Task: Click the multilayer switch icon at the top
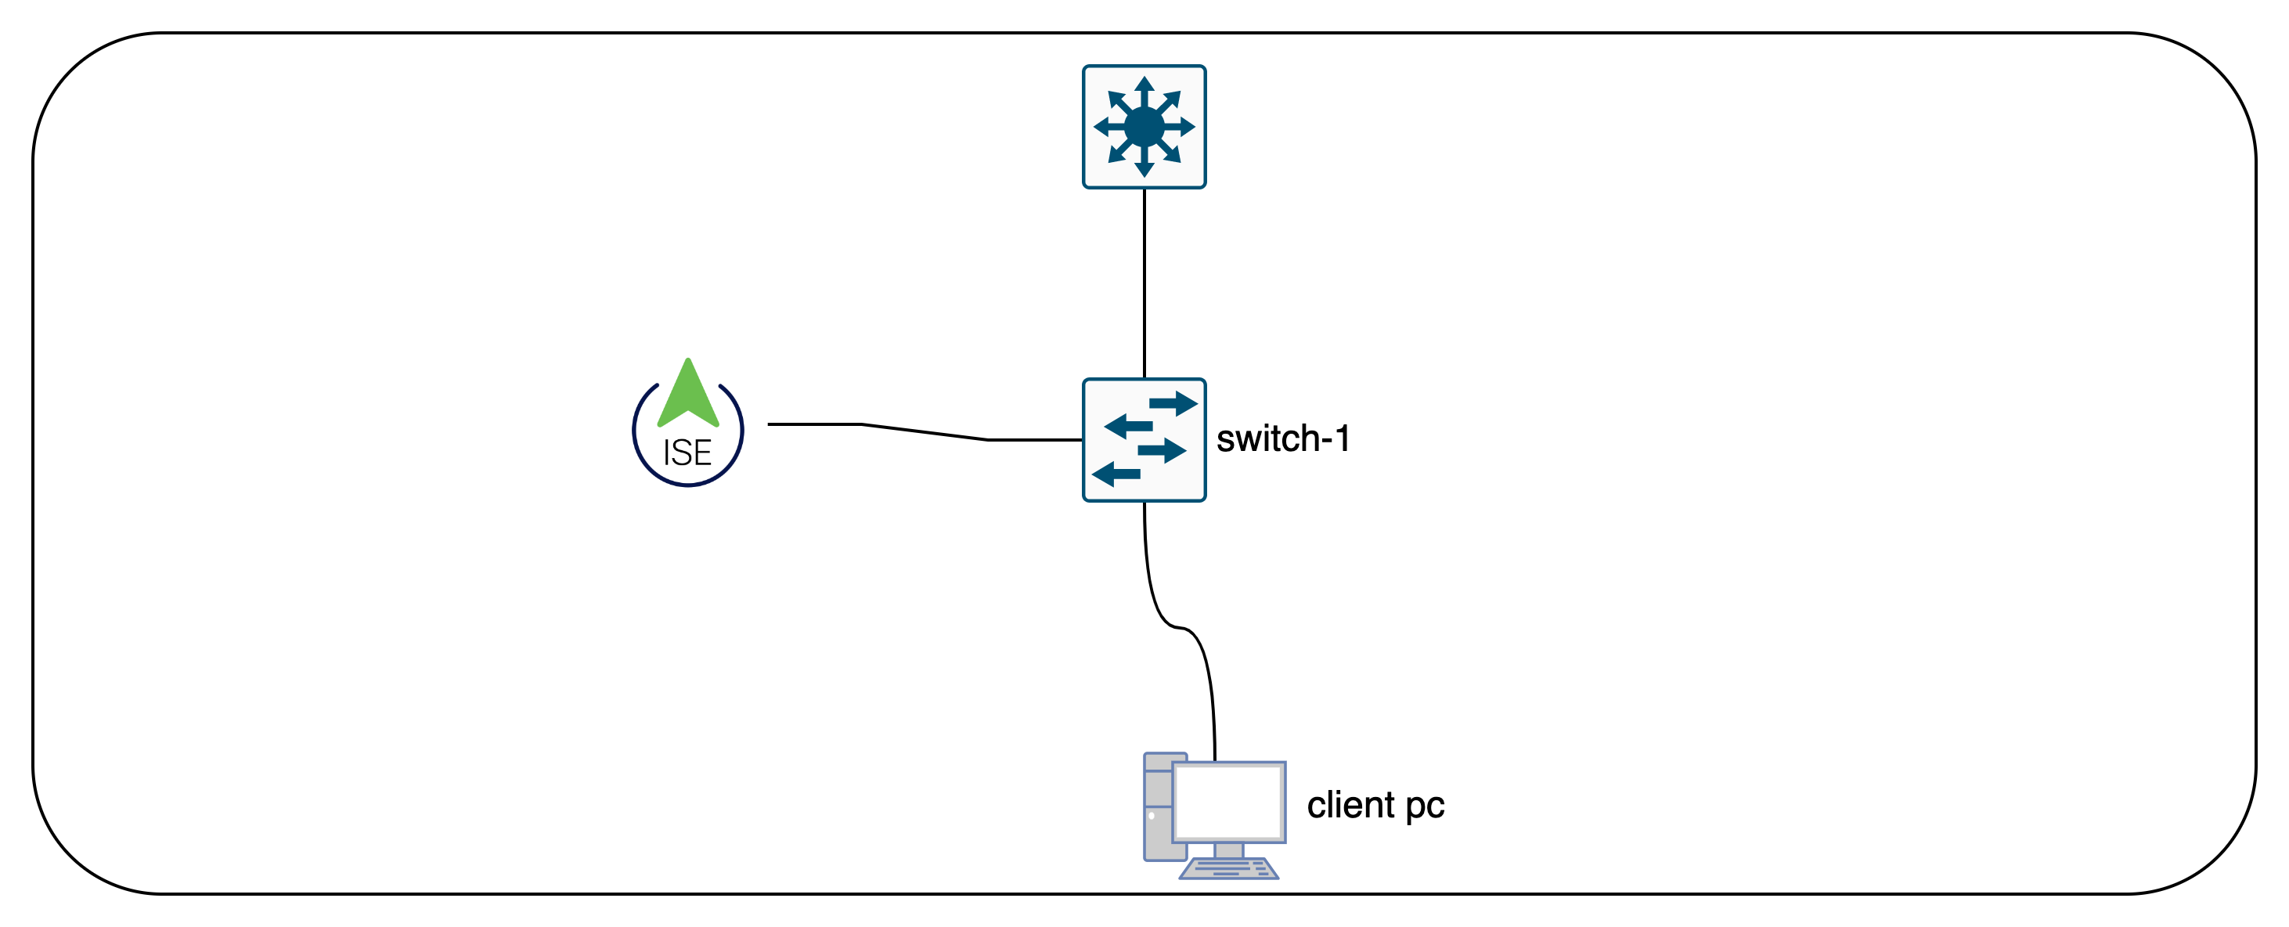point(1144,126)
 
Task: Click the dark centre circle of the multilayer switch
point(1144,126)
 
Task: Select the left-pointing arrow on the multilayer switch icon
point(1105,126)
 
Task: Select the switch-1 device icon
point(1144,440)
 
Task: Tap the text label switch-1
point(1282,439)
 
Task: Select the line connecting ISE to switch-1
point(924,432)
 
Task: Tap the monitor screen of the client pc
point(1229,801)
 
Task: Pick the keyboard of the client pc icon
point(1229,868)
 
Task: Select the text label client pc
point(1375,805)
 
